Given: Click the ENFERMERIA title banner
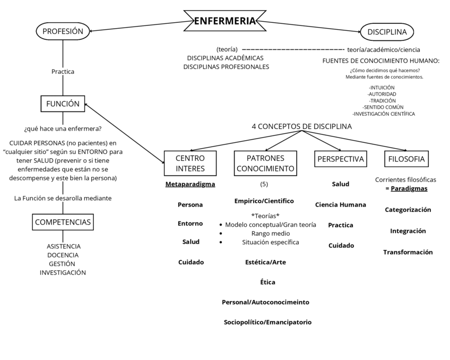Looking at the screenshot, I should [x=224, y=21].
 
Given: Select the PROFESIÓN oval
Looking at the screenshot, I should [x=63, y=31].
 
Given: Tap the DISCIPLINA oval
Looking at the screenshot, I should [x=387, y=32].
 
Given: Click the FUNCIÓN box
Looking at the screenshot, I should [x=63, y=104].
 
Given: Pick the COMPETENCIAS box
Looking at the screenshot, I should [x=63, y=222].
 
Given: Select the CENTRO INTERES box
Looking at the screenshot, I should [x=190, y=163].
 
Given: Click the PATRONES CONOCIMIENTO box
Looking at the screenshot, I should [x=265, y=163].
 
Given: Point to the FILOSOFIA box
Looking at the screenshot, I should [x=406, y=159].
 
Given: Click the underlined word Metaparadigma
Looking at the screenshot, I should [x=190, y=184].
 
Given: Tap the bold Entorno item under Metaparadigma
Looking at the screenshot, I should [x=190, y=224].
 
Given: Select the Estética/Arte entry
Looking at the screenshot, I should [x=265, y=262].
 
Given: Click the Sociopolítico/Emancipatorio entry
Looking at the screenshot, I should [x=267, y=322].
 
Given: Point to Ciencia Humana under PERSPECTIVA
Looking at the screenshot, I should [x=340, y=204].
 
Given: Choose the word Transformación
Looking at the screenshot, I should [x=408, y=252].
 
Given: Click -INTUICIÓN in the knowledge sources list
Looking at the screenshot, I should [x=382, y=87].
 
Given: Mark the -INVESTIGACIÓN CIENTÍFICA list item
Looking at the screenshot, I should [x=383, y=114].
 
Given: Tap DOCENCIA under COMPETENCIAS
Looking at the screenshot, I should [x=63, y=255].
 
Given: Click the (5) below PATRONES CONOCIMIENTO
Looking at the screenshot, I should [x=264, y=184].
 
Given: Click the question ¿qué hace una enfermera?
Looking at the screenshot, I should [x=63, y=128].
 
